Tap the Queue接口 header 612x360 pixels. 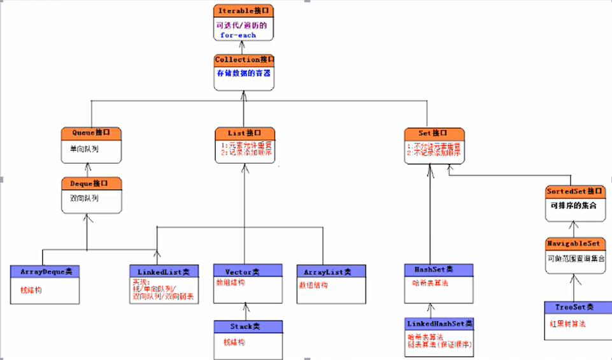pyautogui.click(x=91, y=134)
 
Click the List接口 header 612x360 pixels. pyautogui.click(x=245, y=134)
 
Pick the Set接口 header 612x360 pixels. pyautogui.click(x=434, y=134)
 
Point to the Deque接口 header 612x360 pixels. pyautogui.click(x=91, y=184)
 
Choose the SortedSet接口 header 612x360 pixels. pyautogui.click(x=574, y=191)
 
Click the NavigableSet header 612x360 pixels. pyautogui.click(x=574, y=243)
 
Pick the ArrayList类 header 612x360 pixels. pyautogui.click(x=331, y=271)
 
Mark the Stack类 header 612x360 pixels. pyautogui.click(x=248, y=326)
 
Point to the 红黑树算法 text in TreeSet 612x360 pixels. pyautogui.click(x=567, y=324)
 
